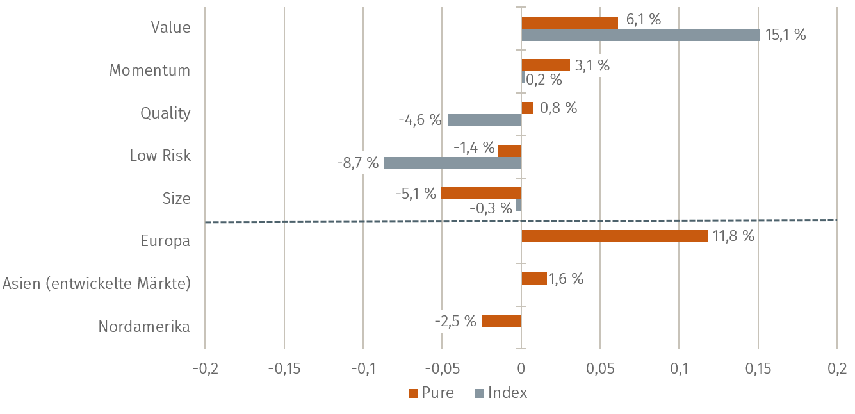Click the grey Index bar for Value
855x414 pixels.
click(640, 35)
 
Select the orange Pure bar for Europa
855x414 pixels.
click(614, 236)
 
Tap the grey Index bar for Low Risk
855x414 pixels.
click(452, 163)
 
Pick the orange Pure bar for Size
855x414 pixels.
click(481, 194)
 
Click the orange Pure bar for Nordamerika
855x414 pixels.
click(501, 321)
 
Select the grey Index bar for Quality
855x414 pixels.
click(485, 120)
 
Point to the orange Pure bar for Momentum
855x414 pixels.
click(546, 65)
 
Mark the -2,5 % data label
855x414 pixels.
click(455, 321)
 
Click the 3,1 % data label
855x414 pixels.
click(592, 65)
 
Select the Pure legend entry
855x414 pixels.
click(431, 393)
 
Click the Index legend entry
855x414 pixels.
click(501, 393)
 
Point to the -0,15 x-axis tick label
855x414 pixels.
click(284, 369)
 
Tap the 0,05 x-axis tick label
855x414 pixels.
click(599, 369)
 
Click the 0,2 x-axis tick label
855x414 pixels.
click(836, 369)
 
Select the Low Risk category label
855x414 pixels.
click(160, 156)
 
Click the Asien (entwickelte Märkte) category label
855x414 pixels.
click(97, 283)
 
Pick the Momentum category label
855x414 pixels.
click(150, 70)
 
